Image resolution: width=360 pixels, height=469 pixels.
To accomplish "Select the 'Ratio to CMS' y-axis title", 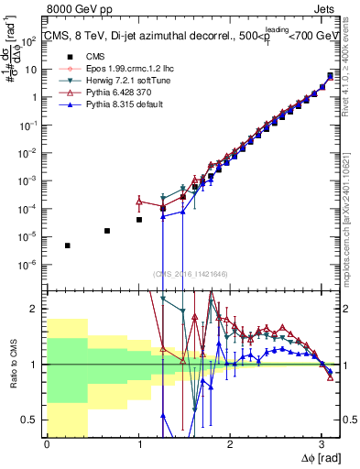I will click(x=12, y=364).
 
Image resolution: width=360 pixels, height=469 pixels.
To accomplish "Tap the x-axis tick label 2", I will click(x=230, y=443).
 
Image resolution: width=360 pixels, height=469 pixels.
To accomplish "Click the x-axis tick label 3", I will click(x=321, y=443).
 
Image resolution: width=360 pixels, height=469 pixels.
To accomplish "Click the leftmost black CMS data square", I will click(x=68, y=245).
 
